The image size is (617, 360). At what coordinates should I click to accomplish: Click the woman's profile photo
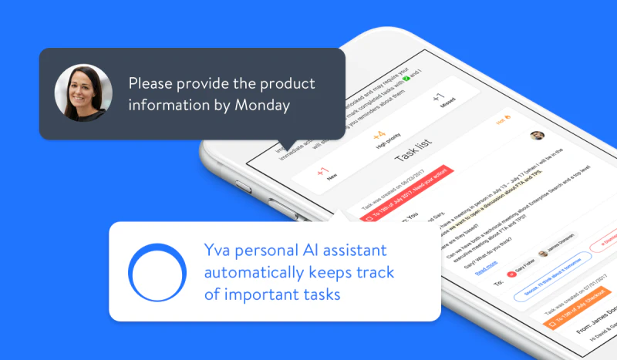coord(78,93)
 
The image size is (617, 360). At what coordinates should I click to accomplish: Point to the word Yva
coord(220,251)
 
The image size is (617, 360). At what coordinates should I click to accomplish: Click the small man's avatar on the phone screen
coord(538,136)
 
